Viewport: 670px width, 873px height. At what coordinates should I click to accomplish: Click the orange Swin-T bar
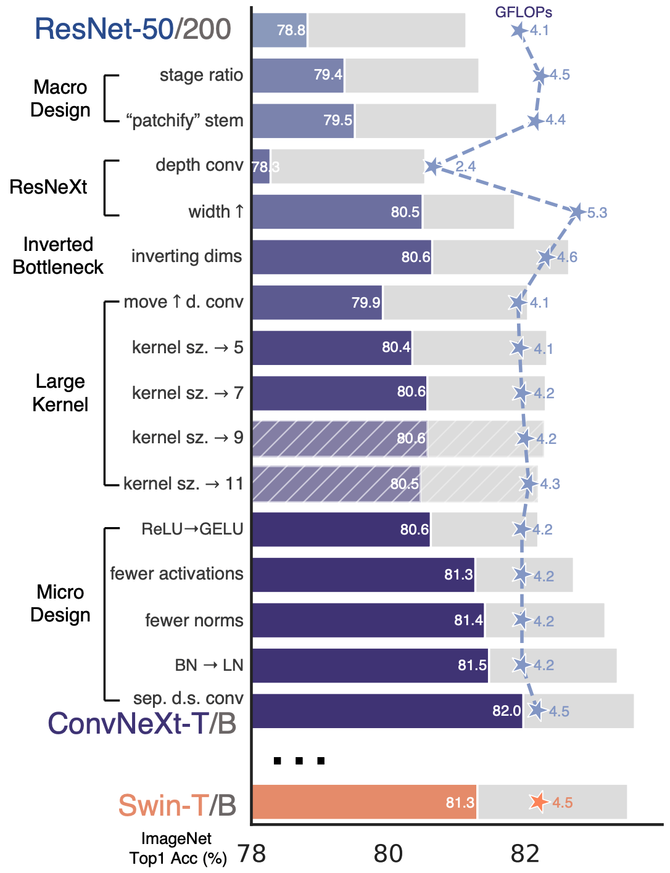pos(364,802)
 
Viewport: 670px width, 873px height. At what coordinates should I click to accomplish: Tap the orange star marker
pos(539,801)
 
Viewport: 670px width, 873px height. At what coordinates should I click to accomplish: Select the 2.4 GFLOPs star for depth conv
pos(432,166)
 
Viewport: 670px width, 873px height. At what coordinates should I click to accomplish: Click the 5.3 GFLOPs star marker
pos(577,212)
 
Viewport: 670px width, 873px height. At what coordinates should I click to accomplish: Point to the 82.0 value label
pos(507,711)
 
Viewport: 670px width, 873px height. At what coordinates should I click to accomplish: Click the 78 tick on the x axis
pos(252,854)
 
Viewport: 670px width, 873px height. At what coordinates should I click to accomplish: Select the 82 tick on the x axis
pos(525,854)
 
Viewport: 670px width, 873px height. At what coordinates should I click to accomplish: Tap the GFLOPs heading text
pos(523,12)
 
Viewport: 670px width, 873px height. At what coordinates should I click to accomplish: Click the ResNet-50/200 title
pos(133,29)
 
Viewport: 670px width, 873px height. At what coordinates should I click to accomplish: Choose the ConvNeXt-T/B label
pos(142,724)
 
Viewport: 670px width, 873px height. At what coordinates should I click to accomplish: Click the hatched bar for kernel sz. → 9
pos(339,438)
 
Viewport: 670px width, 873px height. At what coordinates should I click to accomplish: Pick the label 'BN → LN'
pos(209,665)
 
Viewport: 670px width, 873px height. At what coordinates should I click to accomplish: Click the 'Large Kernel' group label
pos(60,393)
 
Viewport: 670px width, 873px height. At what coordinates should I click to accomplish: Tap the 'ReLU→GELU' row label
pos(192,529)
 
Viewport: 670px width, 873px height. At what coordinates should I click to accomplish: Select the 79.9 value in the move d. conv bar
pos(365,303)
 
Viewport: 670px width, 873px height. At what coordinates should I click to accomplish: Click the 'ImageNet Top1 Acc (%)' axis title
pos(178,848)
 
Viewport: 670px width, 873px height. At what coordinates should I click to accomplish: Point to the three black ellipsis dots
pos(299,761)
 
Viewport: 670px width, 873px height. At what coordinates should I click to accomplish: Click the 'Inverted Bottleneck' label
pos(58,255)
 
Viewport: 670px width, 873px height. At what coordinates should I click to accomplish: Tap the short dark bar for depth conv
pos(261,166)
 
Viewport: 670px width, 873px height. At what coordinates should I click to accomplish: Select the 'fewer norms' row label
pos(194,620)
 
